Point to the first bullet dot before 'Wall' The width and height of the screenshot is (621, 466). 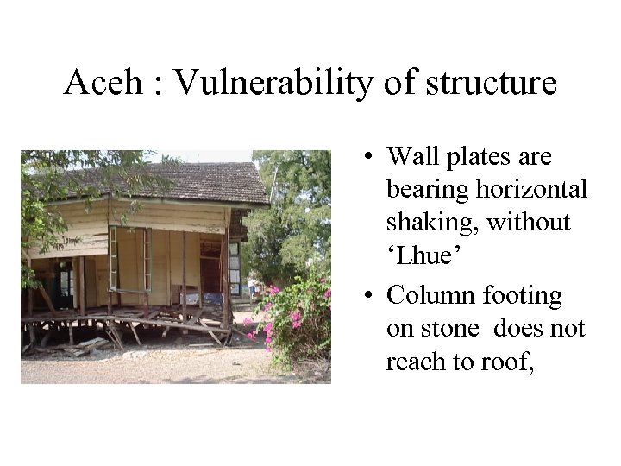367,158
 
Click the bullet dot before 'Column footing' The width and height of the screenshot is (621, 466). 367,296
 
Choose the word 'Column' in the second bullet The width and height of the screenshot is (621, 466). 428,295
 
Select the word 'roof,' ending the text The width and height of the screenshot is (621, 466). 504,362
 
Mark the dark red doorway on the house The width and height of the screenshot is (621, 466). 211,272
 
